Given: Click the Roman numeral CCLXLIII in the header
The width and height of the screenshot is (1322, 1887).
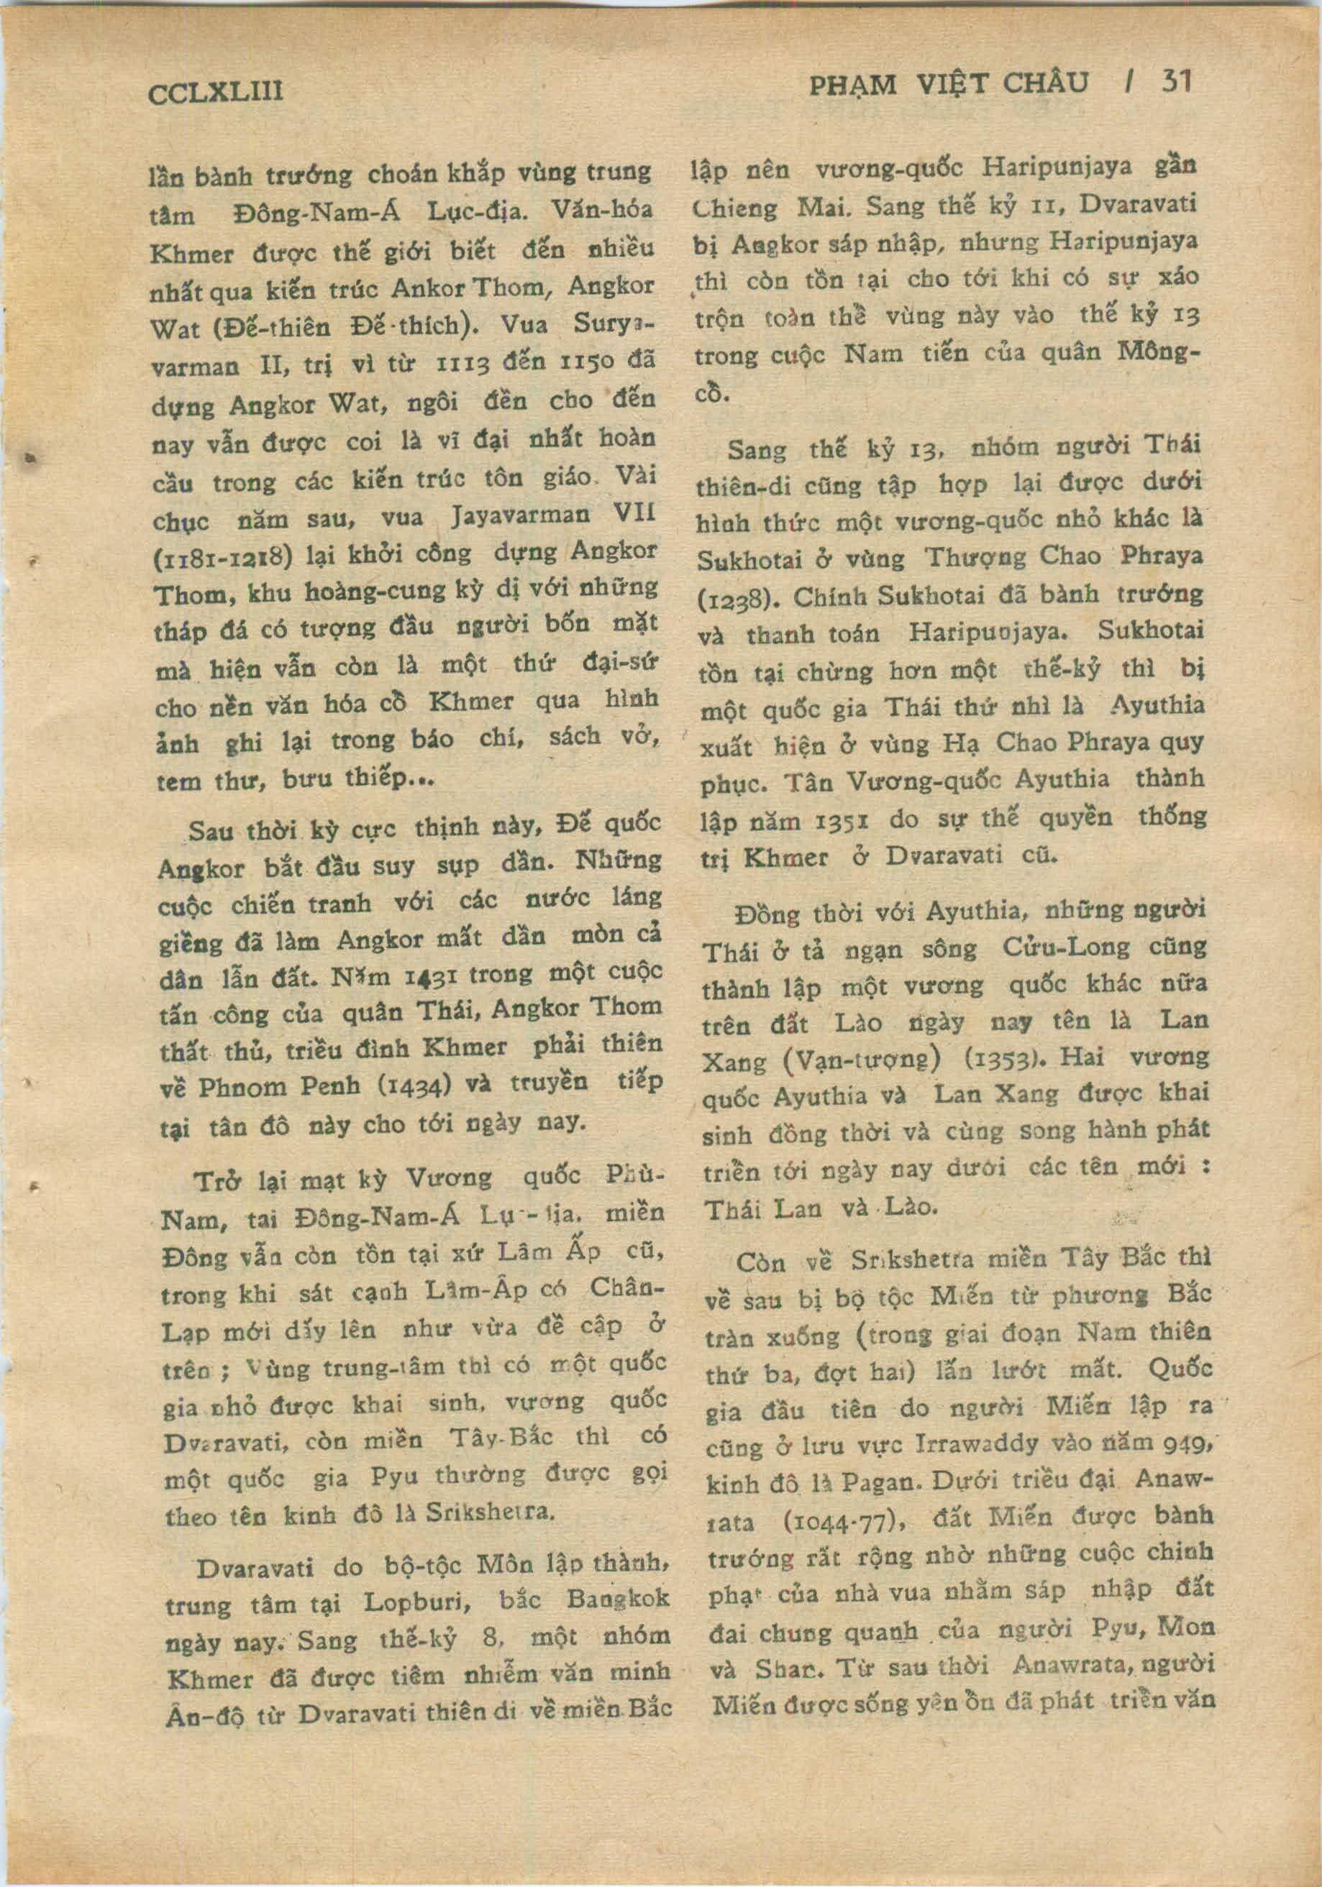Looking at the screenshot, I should [214, 91].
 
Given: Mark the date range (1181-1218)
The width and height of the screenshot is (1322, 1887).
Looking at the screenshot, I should [223, 556].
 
